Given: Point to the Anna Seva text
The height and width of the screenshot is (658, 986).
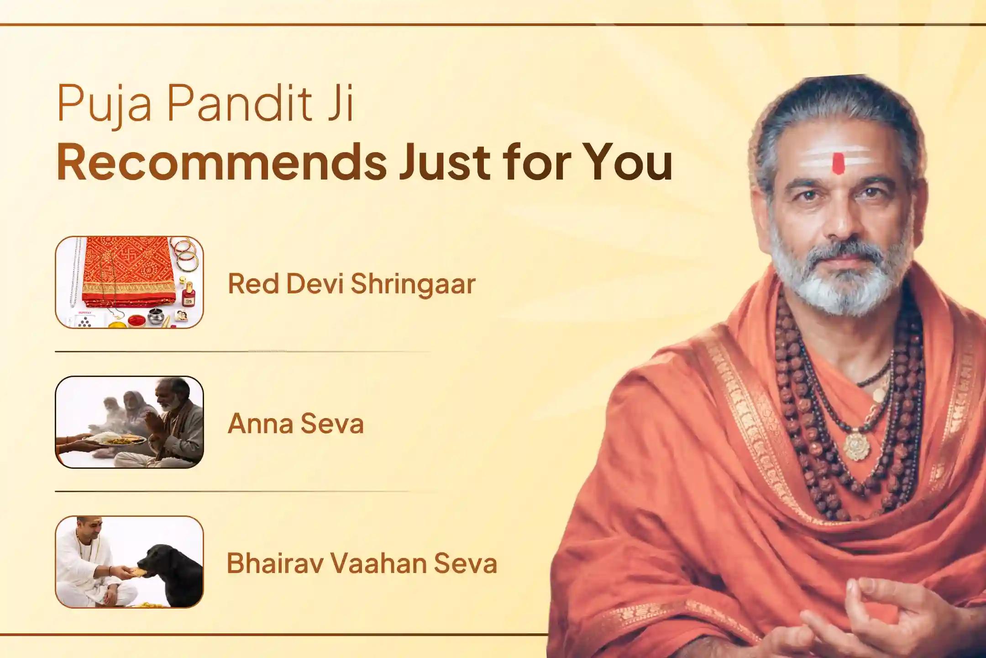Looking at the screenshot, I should click(295, 424).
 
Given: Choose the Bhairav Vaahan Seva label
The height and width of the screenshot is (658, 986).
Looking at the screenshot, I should click(362, 563).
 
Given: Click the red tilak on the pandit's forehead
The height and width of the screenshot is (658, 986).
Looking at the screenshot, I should click(838, 164).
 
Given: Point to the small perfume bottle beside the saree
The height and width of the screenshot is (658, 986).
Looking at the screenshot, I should click(187, 295).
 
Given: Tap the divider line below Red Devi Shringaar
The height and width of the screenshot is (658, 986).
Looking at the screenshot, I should click(242, 352).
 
